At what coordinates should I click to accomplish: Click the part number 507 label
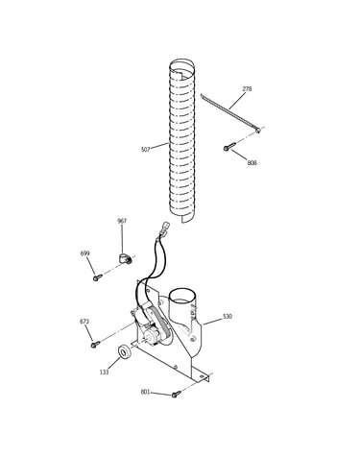tap(145, 150)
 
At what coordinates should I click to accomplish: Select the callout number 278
tap(247, 89)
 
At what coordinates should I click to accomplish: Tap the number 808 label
tap(252, 163)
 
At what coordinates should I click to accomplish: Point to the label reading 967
tap(122, 221)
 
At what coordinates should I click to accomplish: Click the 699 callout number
tap(84, 253)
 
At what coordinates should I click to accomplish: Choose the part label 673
tap(84, 322)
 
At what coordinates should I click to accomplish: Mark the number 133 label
tap(104, 372)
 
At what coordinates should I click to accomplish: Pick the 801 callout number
tap(145, 392)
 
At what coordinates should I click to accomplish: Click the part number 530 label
tap(228, 317)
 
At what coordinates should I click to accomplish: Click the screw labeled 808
tap(229, 147)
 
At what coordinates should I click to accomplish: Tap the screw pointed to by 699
tap(97, 277)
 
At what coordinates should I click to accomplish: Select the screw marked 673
tap(95, 345)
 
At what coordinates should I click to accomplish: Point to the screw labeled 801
tap(176, 395)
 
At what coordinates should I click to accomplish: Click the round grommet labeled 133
tap(124, 351)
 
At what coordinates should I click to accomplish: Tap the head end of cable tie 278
tap(257, 130)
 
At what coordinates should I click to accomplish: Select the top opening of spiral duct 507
tap(181, 65)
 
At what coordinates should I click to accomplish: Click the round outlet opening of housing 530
tap(183, 295)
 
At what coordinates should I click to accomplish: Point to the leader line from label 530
tap(212, 322)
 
